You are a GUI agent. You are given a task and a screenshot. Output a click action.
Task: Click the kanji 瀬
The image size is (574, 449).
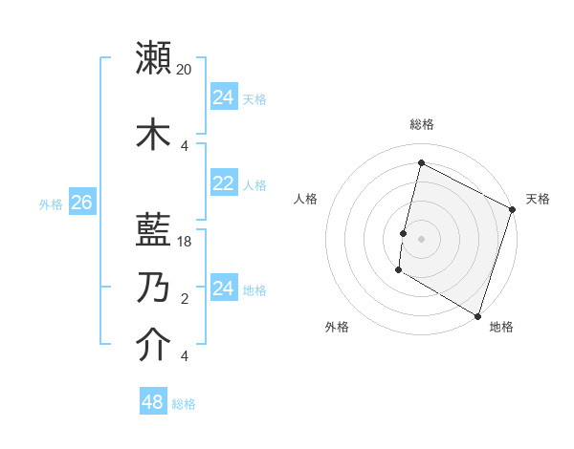point(154,58)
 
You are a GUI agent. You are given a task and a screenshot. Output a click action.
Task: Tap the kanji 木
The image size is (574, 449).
point(154,135)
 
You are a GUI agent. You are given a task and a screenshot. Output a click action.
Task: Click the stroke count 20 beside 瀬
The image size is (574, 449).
point(185,70)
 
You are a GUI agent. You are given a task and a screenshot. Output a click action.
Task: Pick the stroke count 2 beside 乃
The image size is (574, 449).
point(185,299)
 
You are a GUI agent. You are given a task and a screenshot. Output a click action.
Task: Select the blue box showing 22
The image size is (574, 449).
point(223,183)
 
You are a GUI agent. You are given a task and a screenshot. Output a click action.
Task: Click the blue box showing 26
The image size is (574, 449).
point(81,203)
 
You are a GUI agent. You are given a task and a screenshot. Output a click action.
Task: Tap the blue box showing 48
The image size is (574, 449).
point(152,402)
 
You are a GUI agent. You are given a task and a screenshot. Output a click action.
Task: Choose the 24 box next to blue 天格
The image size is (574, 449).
point(223,97)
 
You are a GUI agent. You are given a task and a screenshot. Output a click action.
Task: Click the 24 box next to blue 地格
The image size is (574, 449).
point(223,289)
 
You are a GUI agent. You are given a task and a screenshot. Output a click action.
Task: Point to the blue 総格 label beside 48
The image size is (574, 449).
point(184,404)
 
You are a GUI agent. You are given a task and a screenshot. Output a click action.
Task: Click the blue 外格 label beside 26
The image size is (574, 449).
point(51,203)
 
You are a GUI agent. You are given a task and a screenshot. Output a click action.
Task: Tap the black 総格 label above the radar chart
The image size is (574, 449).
point(421,124)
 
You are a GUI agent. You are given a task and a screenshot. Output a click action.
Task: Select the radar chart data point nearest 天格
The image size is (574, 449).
point(513,209)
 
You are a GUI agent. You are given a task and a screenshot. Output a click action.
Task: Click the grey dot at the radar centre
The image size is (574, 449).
point(421,239)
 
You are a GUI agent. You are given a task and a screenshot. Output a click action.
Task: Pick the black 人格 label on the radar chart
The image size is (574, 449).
point(306,199)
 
